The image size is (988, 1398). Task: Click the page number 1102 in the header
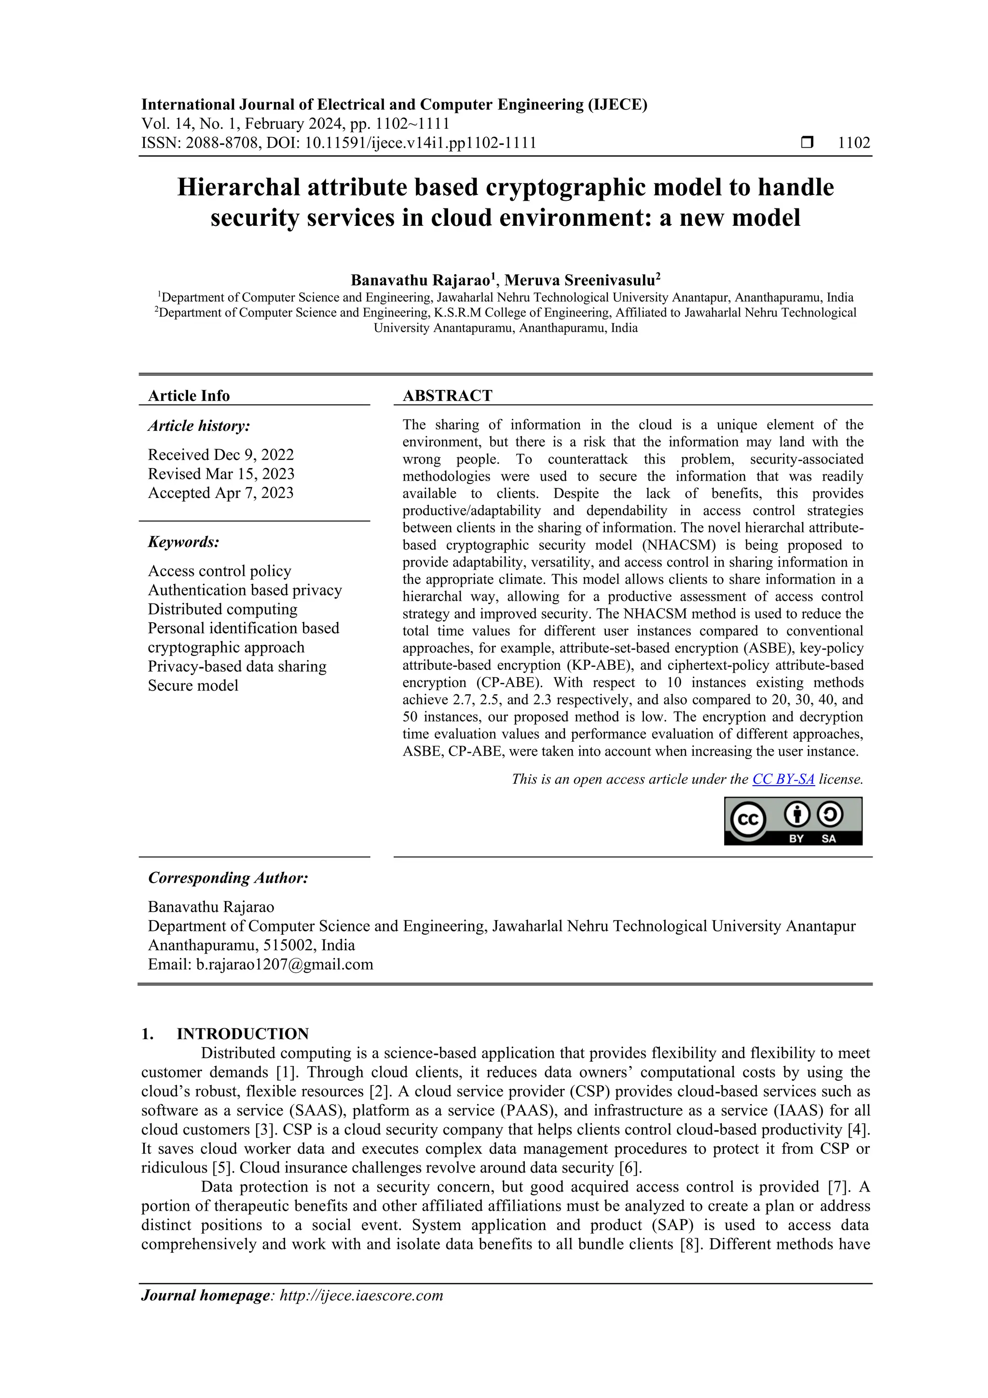(853, 143)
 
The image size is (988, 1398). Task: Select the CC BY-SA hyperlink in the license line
(783, 779)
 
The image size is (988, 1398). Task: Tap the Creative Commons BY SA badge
(793, 821)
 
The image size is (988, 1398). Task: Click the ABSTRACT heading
(447, 396)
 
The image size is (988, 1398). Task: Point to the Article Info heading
(189, 396)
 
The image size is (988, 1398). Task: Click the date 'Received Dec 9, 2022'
(220, 455)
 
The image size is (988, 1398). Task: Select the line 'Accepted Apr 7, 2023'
(220, 493)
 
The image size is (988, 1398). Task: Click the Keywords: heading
(183, 542)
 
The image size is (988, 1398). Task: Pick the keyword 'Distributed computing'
(222, 609)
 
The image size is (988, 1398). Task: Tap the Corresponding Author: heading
(228, 877)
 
